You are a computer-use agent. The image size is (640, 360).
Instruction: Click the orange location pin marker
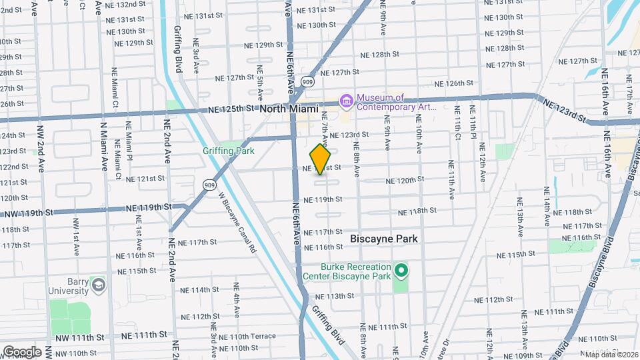point(321,159)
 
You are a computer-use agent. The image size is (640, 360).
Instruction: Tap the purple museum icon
point(346,101)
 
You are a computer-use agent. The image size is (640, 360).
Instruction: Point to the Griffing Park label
point(229,151)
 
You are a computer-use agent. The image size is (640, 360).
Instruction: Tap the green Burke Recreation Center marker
point(401,271)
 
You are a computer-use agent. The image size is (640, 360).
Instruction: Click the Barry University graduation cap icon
point(99,285)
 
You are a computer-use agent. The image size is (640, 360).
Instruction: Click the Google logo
point(22,351)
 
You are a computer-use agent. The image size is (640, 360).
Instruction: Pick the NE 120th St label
point(405,180)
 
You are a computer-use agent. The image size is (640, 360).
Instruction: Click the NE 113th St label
point(334,296)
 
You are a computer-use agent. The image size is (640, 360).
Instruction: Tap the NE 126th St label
point(454,83)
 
